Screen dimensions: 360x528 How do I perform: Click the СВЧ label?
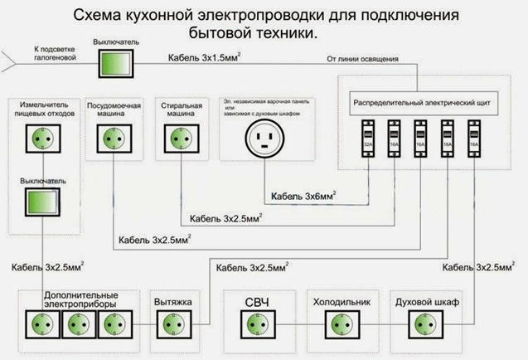coord(254,300)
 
